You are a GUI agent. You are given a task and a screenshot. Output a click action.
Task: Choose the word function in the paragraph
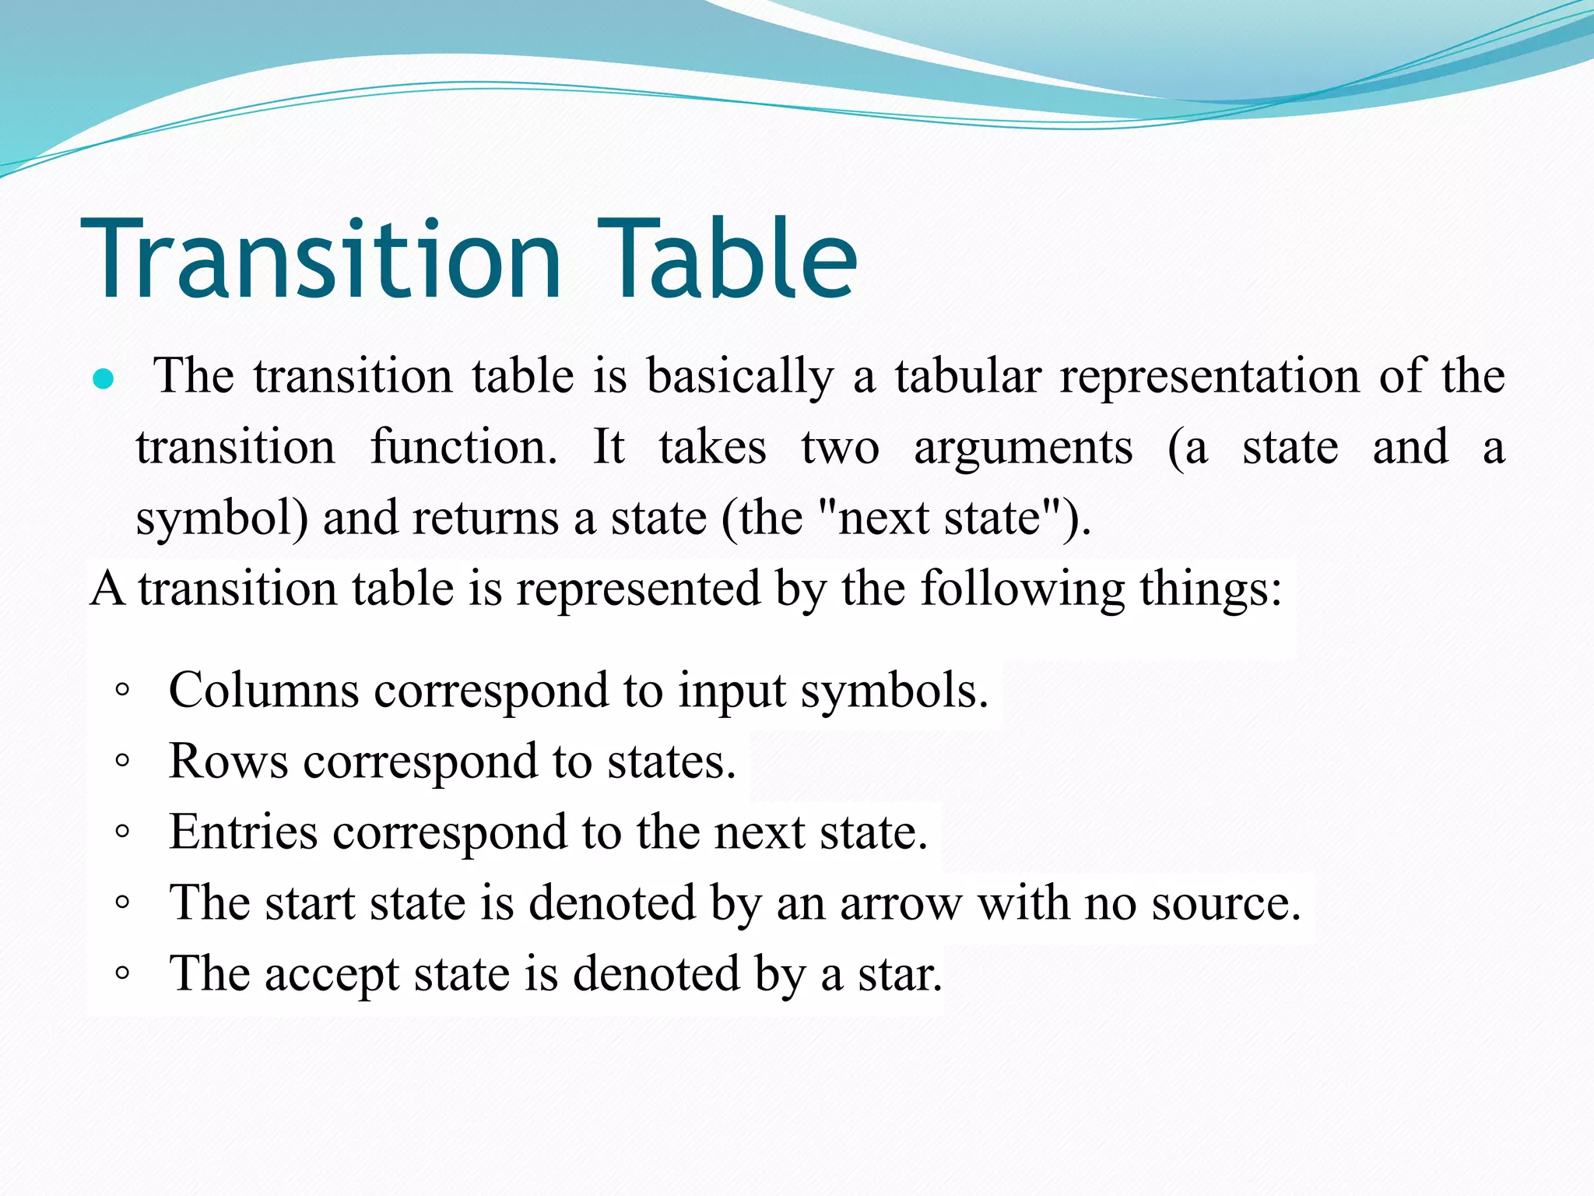464,448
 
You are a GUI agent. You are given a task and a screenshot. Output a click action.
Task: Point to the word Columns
263,690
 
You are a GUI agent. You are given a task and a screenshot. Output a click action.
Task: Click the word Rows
228,761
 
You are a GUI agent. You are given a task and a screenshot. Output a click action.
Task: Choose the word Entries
243,832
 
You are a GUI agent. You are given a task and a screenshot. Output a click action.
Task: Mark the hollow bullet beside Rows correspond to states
121,761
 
